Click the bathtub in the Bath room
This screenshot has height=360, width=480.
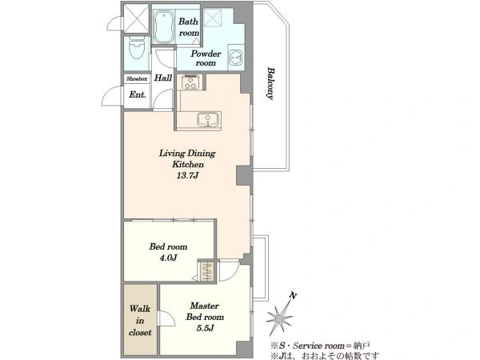point(163,26)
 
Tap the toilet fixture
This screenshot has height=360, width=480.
point(137,48)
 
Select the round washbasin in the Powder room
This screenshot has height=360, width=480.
point(236,58)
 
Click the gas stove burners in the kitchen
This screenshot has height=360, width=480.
point(190,82)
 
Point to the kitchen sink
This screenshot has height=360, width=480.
point(208,118)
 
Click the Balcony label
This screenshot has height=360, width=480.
point(270,83)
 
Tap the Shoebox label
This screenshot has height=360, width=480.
point(137,78)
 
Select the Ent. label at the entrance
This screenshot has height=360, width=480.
point(138,94)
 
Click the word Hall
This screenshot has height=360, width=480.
point(163,78)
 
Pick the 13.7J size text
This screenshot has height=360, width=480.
point(187,175)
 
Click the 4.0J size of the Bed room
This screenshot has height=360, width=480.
point(168,258)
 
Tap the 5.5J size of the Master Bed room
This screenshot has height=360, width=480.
point(205,328)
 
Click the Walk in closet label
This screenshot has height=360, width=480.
point(140,320)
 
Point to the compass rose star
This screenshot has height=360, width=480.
point(279,319)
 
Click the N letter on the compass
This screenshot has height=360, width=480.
point(294,295)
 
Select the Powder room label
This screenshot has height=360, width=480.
point(206,58)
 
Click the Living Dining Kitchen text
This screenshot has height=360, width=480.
point(187,158)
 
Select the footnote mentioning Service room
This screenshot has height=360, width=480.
point(320,346)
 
